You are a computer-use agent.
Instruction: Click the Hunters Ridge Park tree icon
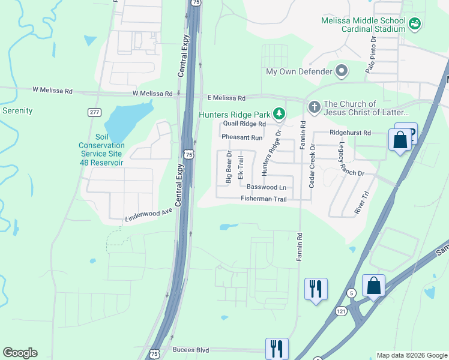[279, 113]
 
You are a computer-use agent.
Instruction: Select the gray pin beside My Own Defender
[342, 71]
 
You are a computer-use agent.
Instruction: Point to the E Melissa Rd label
[226, 98]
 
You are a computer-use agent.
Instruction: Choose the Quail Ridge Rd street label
[244, 124]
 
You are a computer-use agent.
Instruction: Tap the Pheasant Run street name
[242, 137]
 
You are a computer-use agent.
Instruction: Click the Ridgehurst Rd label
[350, 132]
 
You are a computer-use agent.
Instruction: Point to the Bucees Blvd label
[190, 349]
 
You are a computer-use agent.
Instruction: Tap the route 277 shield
[94, 112]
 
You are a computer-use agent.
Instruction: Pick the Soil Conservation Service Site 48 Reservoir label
[101, 154]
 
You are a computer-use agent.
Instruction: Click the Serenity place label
[17, 110]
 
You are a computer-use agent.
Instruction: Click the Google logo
[20, 353]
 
